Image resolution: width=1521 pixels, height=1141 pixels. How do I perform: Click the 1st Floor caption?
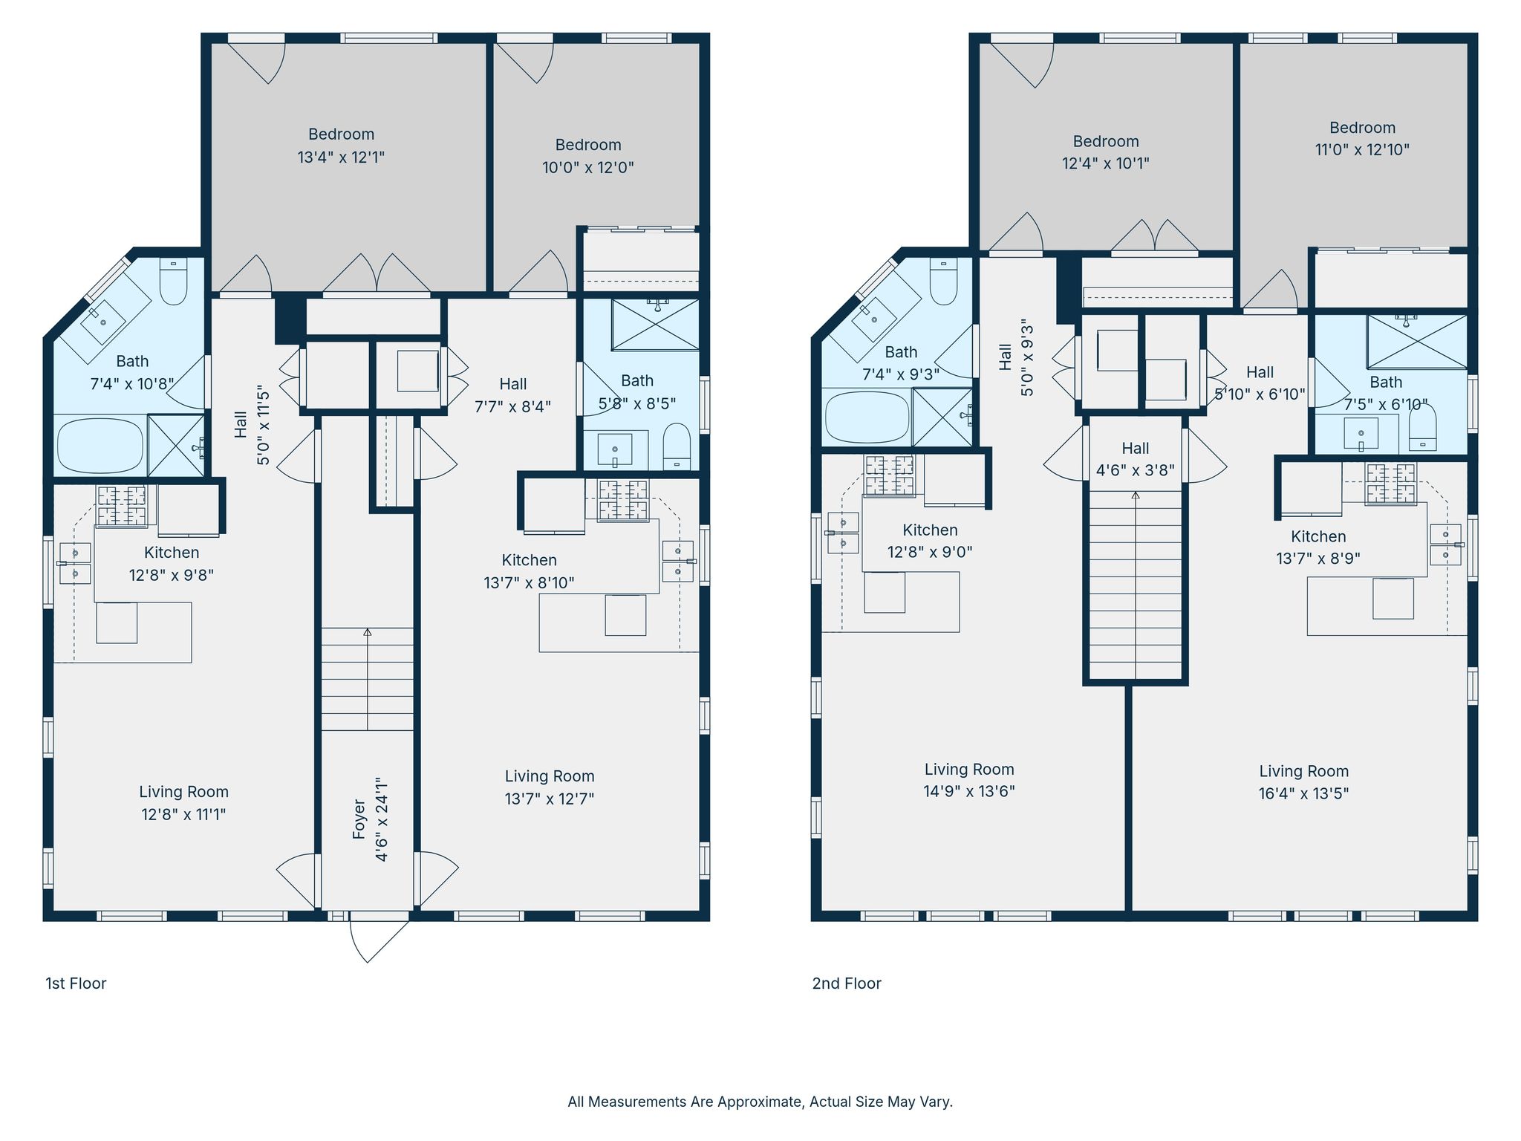coord(76,984)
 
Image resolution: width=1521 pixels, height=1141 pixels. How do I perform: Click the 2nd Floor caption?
coord(847,984)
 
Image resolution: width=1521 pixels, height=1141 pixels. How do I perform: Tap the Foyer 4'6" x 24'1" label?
coord(371,819)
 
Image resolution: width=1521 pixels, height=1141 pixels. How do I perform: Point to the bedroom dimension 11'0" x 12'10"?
coord(1362,149)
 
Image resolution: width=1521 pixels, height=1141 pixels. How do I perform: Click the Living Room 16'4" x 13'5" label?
coord(1303,782)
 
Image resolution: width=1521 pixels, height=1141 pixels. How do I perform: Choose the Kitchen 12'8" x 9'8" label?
coord(172,564)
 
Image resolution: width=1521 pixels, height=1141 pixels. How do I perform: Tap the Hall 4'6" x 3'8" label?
coord(1136,459)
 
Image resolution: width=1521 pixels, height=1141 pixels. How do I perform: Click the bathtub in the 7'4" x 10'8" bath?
coord(100,446)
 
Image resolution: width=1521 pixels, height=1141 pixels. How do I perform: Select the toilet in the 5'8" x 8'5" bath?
coord(677,446)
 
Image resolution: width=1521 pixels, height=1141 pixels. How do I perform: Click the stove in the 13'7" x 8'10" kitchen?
coord(623,500)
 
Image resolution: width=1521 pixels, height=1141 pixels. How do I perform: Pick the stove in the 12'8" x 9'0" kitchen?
coord(889,475)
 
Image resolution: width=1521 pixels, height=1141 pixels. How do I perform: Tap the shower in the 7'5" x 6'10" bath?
coord(1417,342)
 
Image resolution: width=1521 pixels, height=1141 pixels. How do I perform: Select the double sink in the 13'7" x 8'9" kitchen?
coord(1445,545)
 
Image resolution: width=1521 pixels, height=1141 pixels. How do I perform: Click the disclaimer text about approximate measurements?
coord(760,1102)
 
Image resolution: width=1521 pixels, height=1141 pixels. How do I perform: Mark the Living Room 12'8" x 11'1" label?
coord(183,803)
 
